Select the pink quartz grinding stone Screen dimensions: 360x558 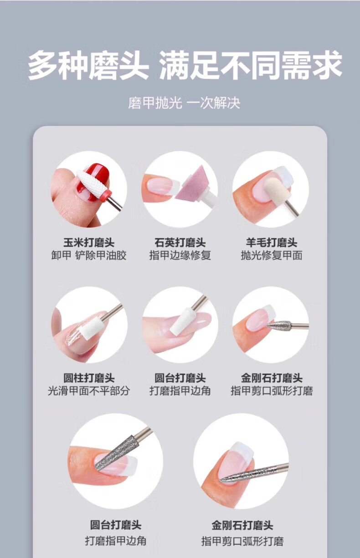(x=191, y=184)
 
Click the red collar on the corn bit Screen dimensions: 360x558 (x=108, y=193)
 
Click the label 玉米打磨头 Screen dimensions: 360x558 (x=89, y=243)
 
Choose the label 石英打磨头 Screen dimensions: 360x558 (x=180, y=243)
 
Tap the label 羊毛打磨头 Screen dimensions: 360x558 (x=272, y=243)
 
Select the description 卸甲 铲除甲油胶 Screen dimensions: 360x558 (x=89, y=255)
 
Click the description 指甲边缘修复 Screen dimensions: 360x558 (x=180, y=255)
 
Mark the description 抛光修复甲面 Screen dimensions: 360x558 (x=272, y=255)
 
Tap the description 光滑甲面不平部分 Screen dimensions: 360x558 (x=89, y=391)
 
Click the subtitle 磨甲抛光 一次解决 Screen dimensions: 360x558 (x=184, y=103)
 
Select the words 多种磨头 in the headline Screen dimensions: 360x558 (x=88, y=66)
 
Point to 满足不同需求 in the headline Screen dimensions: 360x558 (x=251, y=66)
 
